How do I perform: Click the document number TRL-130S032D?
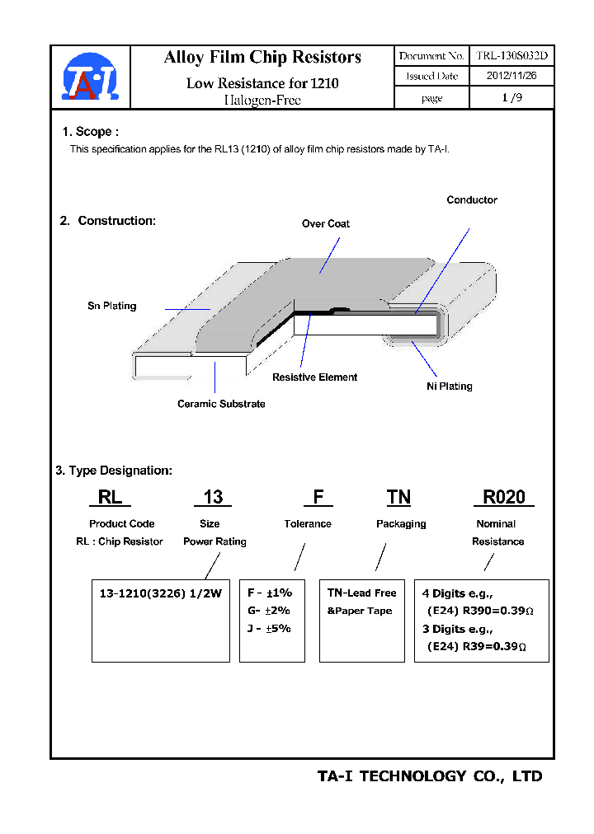(x=511, y=56)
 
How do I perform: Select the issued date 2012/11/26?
(x=511, y=76)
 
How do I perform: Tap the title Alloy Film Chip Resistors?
(x=262, y=57)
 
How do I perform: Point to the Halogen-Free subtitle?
(x=262, y=101)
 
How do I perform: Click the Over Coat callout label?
(x=326, y=223)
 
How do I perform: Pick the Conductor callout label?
(x=472, y=200)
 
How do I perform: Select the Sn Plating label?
(x=112, y=306)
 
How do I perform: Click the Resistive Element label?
(x=315, y=377)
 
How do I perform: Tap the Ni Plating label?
(x=450, y=386)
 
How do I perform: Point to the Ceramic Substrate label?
(x=221, y=404)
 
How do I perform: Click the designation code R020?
(x=503, y=497)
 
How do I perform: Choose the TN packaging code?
(x=398, y=497)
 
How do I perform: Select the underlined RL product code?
(x=110, y=497)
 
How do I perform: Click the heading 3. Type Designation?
(x=114, y=471)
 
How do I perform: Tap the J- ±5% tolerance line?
(x=269, y=628)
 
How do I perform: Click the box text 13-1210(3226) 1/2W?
(x=161, y=593)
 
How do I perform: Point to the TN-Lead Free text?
(x=361, y=593)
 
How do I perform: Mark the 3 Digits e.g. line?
(x=457, y=629)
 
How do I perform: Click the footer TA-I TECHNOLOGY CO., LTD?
(x=430, y=776)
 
